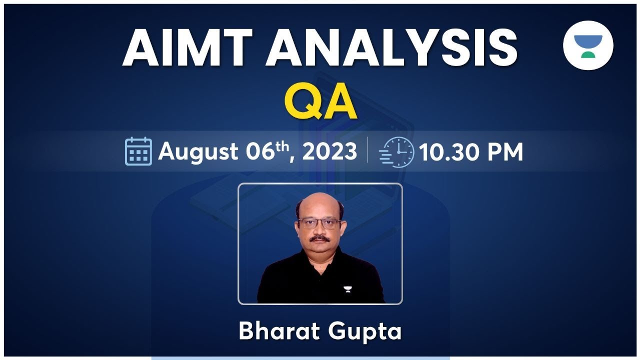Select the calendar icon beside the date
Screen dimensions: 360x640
138,151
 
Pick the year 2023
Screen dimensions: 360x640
330,151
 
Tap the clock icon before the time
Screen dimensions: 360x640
397,151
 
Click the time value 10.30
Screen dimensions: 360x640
449,152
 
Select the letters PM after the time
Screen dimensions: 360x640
503,152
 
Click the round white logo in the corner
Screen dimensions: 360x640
588,45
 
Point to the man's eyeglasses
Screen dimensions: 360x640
318,223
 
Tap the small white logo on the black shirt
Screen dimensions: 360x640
347,288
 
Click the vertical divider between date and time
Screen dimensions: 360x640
367,150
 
